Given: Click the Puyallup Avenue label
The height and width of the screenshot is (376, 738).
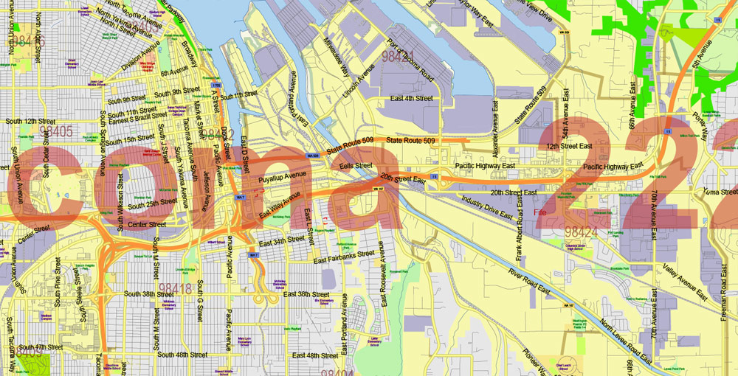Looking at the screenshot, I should pyautogui.click(x=282, y=178).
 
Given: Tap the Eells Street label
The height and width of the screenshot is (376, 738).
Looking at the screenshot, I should pyautogui.click(x=356, y=167).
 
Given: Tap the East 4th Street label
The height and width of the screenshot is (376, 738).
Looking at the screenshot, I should pyautogui.click(x=412, y=98).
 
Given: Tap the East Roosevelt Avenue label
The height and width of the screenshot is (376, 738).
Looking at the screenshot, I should pyautogui.click(x=384, y=280).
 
